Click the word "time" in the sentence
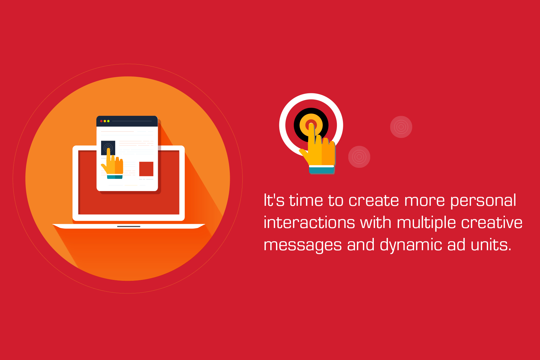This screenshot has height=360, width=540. tap(306, 200)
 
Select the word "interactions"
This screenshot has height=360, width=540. tap(309, 222)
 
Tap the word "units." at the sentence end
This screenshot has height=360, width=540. tap(491, 244)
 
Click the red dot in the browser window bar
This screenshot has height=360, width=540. tap(101, 121)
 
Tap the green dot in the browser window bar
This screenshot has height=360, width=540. tap(108, 121)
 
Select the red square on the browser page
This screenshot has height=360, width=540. tap(146, 169)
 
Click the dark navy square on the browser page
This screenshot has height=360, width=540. tap(108, 148)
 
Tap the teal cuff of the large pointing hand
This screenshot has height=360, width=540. tap(322, 170)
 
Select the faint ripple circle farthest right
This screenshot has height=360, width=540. tap(401, 127)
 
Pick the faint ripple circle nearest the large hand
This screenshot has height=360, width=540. tap(359, 157)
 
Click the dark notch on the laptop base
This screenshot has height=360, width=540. tap(129, 226)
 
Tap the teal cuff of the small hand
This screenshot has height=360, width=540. tap(115, 177)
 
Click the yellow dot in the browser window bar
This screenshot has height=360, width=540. tap(105, 121)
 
